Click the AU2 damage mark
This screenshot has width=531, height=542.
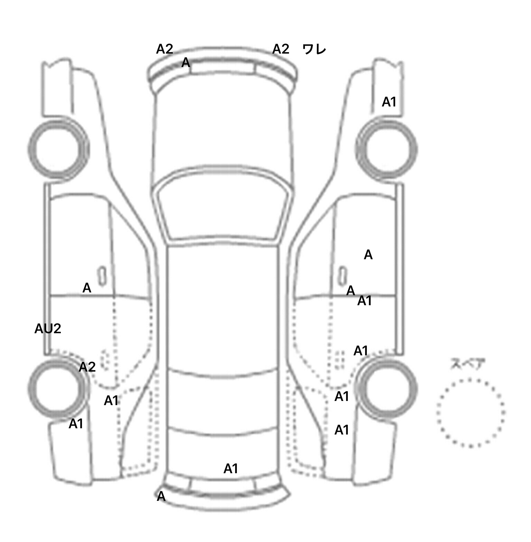[48, 329]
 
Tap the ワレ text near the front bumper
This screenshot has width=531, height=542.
[314, 49]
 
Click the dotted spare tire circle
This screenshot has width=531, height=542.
[471, 413]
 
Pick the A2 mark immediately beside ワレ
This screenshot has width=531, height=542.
[280, 49]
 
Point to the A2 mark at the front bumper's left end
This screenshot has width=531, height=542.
[164, 49]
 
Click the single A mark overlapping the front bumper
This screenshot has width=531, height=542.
[186, 63]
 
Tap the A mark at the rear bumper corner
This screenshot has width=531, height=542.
[161, 497]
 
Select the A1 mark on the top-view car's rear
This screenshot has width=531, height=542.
[231, 469]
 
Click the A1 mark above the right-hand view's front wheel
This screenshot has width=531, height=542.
[389, 102]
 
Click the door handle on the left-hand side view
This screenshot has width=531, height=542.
[102, 276]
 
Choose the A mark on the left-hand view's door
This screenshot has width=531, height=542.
[87, 288]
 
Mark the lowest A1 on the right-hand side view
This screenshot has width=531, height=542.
[342, 430]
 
